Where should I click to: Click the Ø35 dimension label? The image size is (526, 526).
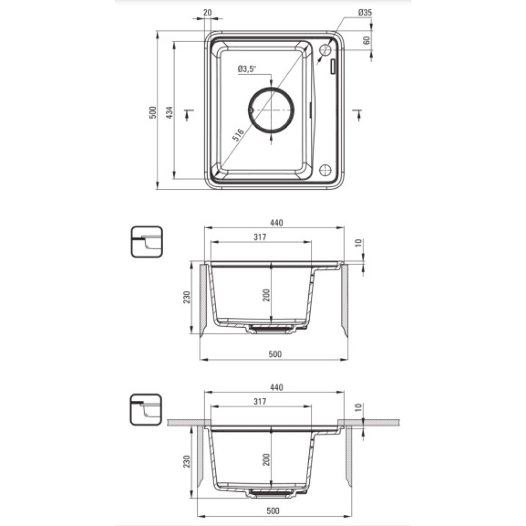point(365,13)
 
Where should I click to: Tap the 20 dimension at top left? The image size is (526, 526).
point(208,13)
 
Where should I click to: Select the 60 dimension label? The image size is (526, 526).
point(366,41)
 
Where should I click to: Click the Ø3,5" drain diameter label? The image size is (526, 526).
point(247,69)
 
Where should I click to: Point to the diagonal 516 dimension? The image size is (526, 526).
point(238,135)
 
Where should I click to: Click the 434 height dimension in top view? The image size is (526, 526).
point(170,113)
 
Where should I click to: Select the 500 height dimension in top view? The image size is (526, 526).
point(153,113)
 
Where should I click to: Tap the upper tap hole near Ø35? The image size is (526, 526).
point(325,50)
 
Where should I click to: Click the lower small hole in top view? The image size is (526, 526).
point(325,170)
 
